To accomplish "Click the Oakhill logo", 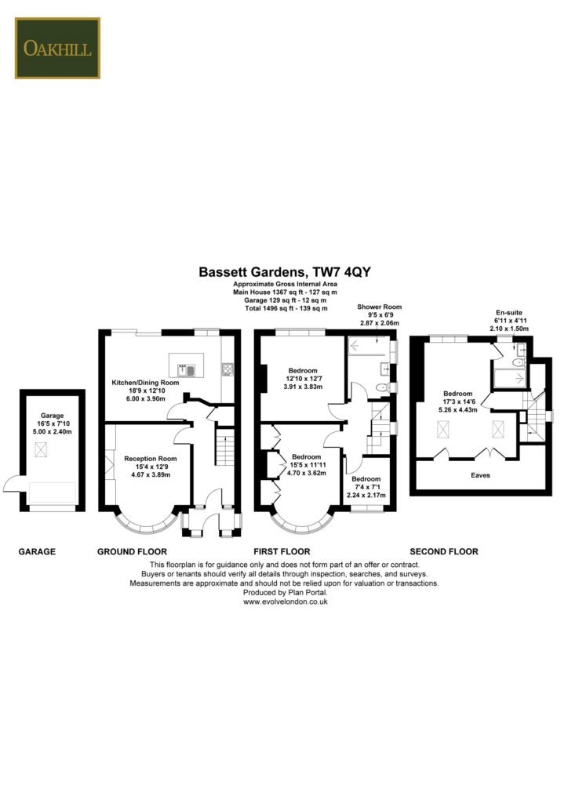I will [57, 48].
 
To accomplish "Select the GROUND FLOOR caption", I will [129, 551].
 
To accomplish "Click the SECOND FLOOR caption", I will [445, 551].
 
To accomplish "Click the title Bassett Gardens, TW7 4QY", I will [283, 272].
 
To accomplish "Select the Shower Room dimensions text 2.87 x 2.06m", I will [379, 323].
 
